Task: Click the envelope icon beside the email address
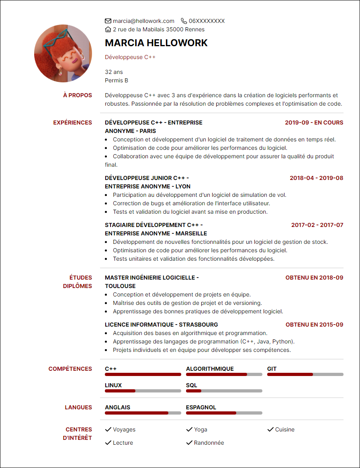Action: click(108, 21)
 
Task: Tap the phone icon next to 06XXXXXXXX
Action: click(184, 21)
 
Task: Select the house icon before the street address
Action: click(108, 29)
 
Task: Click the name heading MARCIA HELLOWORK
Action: click(156, 43)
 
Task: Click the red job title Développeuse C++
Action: click(130, 57)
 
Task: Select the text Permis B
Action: click(117, 80)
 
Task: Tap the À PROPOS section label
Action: click(78, 95)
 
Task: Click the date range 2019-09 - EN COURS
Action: click(314, 123)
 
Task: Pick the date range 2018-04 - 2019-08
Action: click(317, 178)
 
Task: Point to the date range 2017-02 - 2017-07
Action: click(317, 225)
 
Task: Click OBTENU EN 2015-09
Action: click(315, 325)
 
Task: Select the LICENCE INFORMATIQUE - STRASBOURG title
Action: click(162, 325)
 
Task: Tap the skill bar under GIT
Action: click(305, 374)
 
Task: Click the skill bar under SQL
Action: click(224, 391)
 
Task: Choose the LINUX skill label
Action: click(113, 385)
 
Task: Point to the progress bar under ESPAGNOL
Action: click(224, 413)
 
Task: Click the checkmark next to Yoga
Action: click(189, 429)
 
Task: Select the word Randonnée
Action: click(209, 443)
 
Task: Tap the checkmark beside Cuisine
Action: click(270, 429)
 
